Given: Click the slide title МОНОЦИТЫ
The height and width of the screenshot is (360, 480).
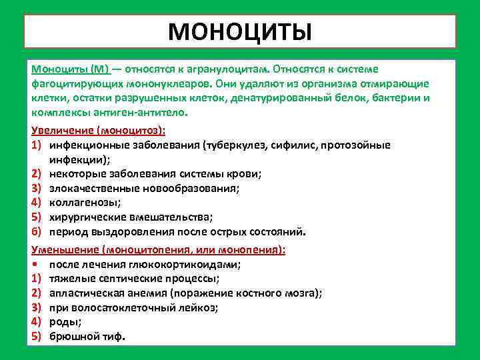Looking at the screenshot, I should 239,31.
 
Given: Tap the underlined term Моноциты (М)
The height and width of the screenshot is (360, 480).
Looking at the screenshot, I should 70,69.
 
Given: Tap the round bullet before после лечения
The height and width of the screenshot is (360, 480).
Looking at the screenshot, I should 35,264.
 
